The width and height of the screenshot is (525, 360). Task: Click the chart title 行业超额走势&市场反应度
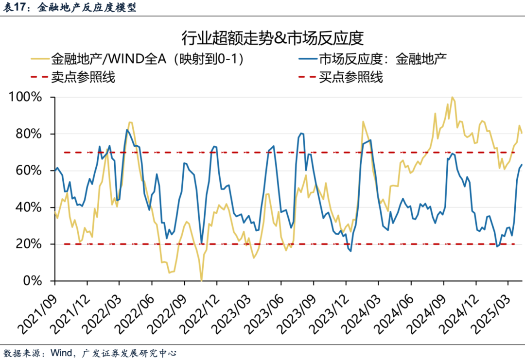pos(273,37)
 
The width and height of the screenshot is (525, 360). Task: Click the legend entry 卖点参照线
pos(83,77)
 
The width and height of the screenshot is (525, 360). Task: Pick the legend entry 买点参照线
pos(351,77)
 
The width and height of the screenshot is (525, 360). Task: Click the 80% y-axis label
pos(30,134)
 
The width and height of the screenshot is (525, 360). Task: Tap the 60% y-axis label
pos(30,171)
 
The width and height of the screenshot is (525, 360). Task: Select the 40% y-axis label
pos(30,207)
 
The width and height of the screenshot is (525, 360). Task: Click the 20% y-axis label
pos(30,244)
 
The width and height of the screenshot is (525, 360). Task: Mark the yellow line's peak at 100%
pos(453,97)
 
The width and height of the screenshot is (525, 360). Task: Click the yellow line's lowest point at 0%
pos(201,280)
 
